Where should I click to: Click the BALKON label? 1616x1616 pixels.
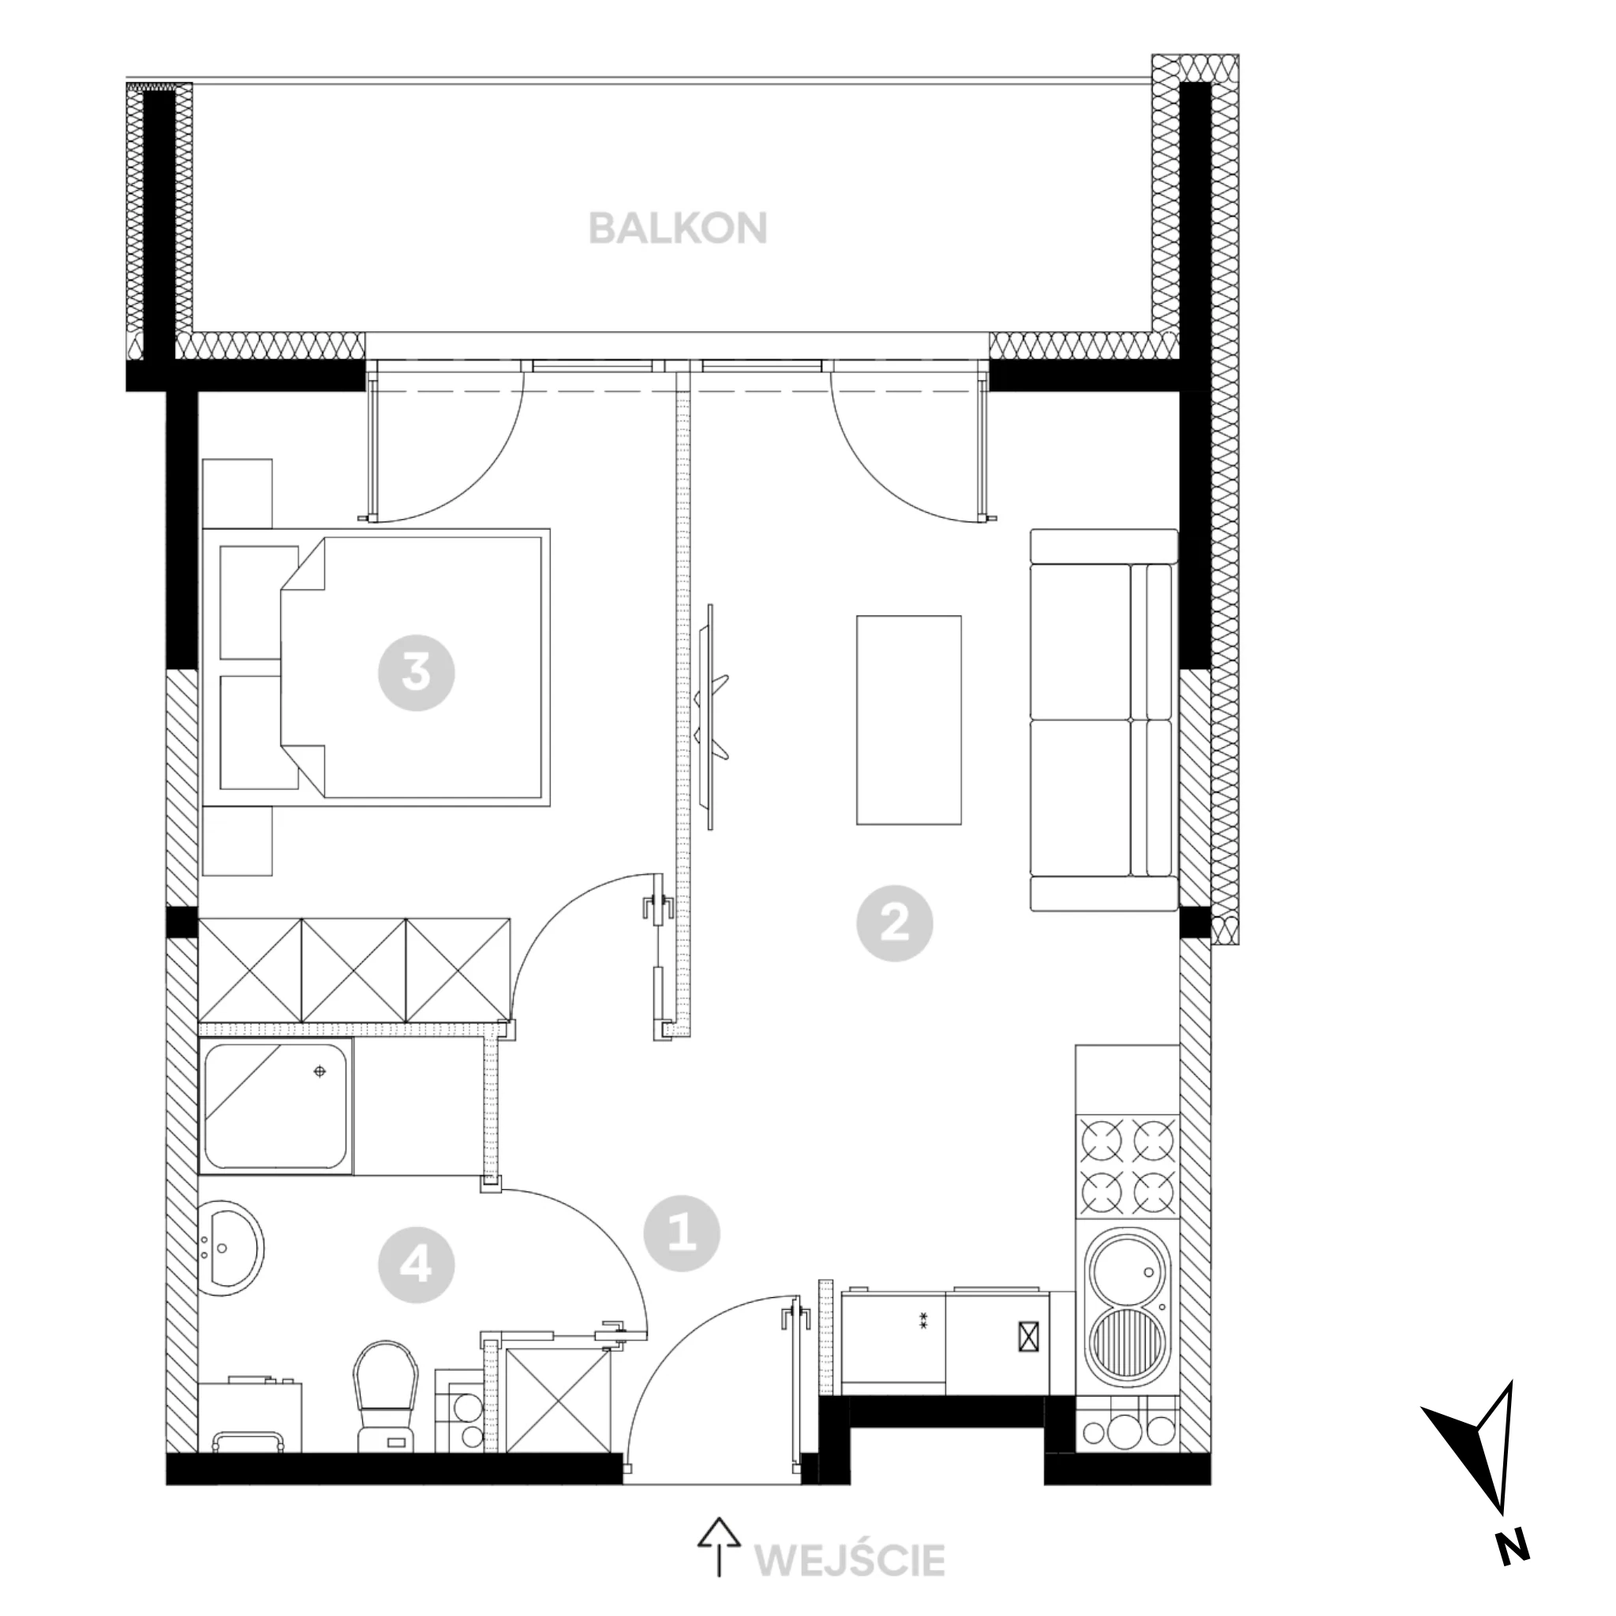(679, 227)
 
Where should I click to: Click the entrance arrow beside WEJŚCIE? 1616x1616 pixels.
(719, 1547)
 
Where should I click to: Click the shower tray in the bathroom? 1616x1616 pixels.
(276, 1106)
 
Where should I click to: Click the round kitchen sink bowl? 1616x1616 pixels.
(1126, 1273)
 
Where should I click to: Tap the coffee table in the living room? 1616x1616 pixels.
(908, 720)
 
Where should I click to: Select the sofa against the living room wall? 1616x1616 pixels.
(1104, 720)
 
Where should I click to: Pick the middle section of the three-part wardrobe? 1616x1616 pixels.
(353, 971)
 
